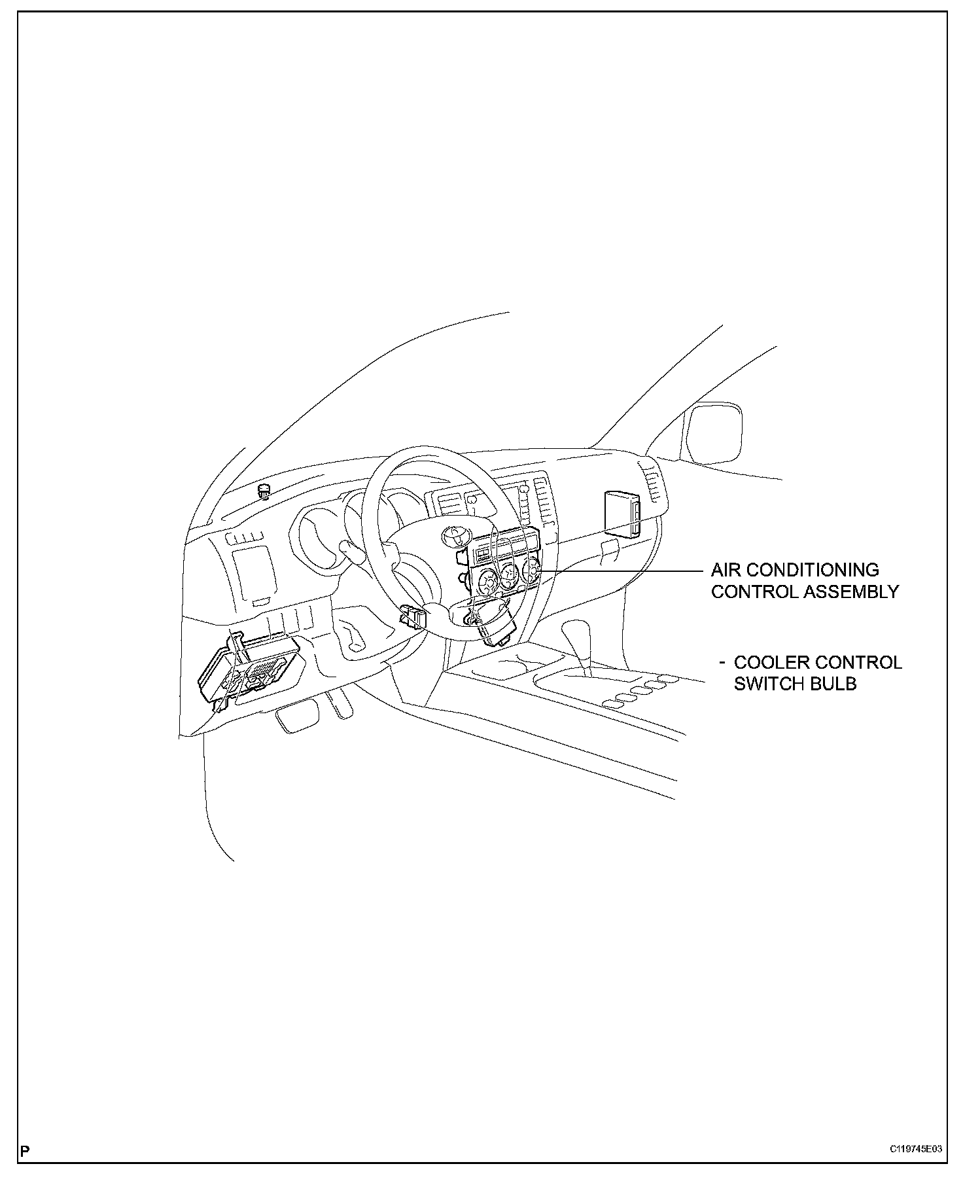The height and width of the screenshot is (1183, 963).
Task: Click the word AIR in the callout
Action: (x=726, y=570)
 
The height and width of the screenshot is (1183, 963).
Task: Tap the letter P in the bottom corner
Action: (x=26, y=1150)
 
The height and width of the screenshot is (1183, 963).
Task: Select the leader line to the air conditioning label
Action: (x=628, y=571)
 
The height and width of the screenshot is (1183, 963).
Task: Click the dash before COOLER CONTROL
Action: (x=722, y=662)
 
